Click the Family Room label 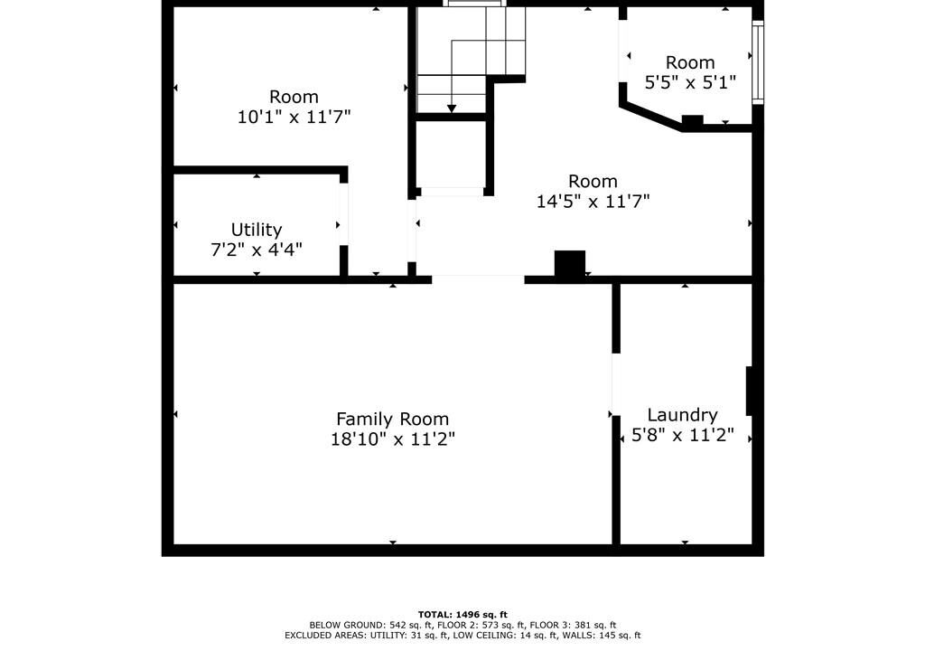[392, 419]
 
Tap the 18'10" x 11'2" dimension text [392, 439]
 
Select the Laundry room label [682, 415]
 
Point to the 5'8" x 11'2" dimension [683, 436]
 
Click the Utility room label [256, 230]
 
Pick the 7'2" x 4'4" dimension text [256, 250]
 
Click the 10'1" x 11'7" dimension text [294, 117]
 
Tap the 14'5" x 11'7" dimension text [593, 201]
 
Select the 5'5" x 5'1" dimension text [690, 82]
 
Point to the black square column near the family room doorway [570, 263]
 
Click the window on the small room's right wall [758, 62]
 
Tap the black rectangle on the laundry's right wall [750, 392]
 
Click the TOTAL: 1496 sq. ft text [462, 614]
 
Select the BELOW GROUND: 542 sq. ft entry [371, 625]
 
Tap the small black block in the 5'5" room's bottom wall [693, 120]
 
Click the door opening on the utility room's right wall [343, 213]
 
